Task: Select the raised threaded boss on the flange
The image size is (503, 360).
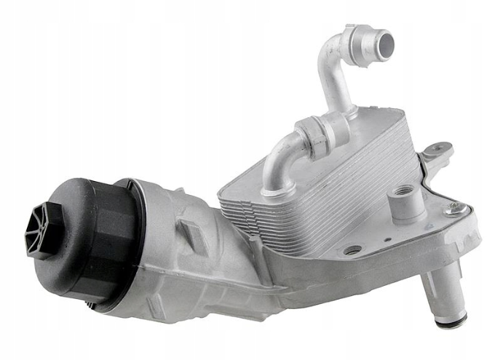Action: coord(403,193)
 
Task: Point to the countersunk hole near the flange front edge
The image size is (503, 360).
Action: coord(353,250)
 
